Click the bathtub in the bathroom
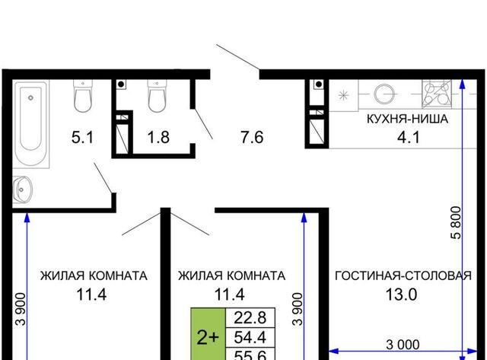[30, 123]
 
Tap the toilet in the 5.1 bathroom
[83, 96]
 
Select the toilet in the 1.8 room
[157, 96]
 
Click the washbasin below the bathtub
[22, 189]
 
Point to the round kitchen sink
[384, 94]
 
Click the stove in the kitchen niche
[437, 94]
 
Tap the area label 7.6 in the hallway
[252, 137]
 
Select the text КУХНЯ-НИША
[408, 119]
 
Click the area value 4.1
[409, 137]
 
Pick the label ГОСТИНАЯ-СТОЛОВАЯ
[403, 276]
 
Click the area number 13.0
[401, 295]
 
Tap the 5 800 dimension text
[457, 222]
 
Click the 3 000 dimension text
[403, 345]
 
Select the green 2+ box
[208, 334]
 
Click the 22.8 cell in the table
[250, 317]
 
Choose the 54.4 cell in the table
[250, 337]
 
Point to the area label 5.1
[82, 137]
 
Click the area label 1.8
[158, 137]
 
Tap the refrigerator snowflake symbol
[343, 95]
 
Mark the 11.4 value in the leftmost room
[91, 295]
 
